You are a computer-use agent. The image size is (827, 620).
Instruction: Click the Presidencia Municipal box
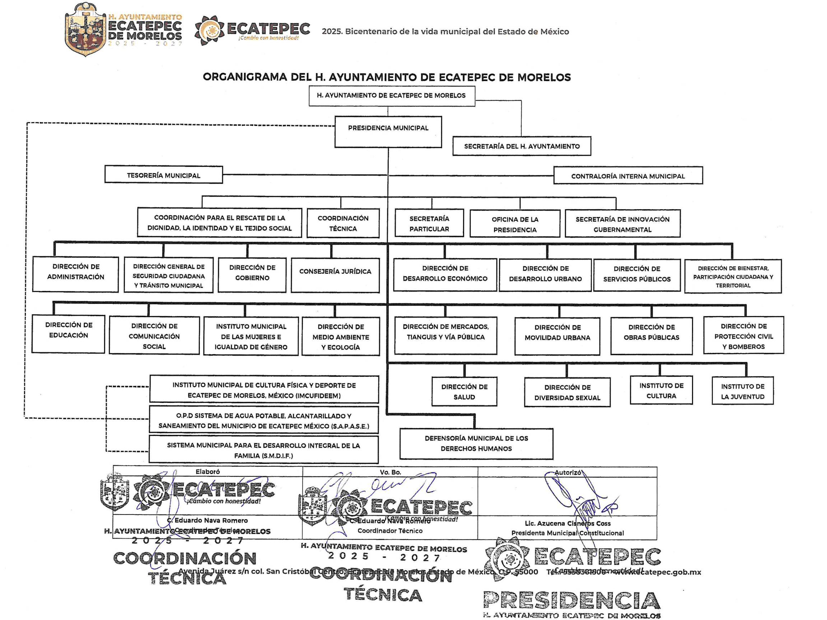coord(388,132)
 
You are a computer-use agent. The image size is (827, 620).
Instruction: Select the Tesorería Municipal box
coord(163,175)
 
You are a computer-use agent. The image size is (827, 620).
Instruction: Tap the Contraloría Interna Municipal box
coord(628,176)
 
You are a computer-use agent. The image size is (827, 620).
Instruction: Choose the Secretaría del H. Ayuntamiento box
coord(522,146)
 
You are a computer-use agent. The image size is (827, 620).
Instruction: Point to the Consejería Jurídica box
coord(335,275)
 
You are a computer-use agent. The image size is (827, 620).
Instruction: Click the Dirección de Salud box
coord(464,391)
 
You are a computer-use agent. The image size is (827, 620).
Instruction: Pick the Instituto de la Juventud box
coord(742,391)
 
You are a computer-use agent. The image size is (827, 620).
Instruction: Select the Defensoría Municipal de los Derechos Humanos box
coord(476,443)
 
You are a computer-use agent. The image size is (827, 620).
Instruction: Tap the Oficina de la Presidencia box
coord(514,224)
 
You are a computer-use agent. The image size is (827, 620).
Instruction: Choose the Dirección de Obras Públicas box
coord(651,335)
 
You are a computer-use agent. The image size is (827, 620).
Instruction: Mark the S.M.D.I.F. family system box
coord(263,450)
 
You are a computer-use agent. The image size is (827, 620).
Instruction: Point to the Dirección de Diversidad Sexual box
coord(567,392)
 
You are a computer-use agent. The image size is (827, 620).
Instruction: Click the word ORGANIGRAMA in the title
coord(244,77)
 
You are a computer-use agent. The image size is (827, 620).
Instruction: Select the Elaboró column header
coord(207,471)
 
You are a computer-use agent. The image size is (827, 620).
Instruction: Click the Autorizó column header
coord(567,473)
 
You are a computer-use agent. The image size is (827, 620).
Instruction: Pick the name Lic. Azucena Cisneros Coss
coord(567,523)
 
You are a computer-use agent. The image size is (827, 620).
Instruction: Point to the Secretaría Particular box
coord(429,223)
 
